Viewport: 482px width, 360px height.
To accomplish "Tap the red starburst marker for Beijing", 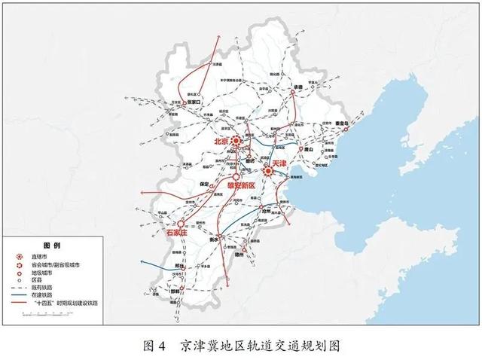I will (x=236, y=141).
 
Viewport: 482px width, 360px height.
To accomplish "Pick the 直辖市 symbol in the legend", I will (x=19, y=257).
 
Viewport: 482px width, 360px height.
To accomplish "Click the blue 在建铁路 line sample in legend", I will (x=19, y=294).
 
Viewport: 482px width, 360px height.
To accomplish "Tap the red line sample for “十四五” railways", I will (x=19, y=302).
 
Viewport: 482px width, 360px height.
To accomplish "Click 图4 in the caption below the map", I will (x=154, y=346).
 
